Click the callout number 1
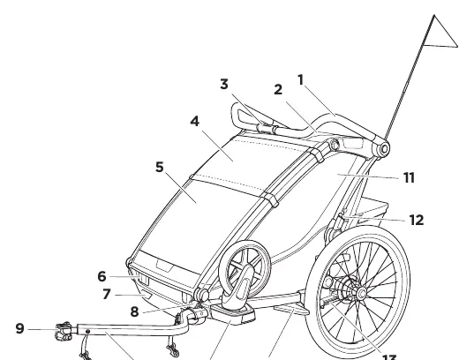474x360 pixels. point(300,80)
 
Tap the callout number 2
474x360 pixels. point(278,89)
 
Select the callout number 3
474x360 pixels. point(224,85)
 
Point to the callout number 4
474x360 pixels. point(195,121)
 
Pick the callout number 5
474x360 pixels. point(160,167)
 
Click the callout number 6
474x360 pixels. point(102,276)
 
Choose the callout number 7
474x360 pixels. point(107,294)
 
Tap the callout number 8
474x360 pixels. point(134,311)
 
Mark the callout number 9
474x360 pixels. point(19,328)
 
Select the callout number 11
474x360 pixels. point(410,177)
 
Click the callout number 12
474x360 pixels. point(417,221)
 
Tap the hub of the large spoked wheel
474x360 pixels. point(361,293)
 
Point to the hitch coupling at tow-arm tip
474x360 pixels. point(64,331)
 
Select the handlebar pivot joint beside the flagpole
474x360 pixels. point(384,149)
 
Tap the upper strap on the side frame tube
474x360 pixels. point(317,155)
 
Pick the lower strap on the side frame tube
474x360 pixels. point(271,199)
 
